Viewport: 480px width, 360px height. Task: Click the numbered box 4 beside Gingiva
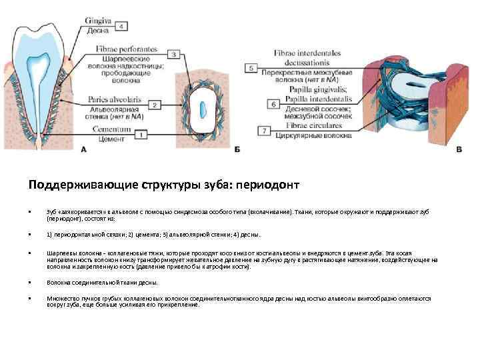121,27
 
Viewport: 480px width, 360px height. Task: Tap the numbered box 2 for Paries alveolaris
154,105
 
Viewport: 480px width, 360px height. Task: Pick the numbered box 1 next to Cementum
141,134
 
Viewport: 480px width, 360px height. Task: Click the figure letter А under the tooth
83,151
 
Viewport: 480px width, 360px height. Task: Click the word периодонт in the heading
274,184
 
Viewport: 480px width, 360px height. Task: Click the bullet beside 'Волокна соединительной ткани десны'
30,283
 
